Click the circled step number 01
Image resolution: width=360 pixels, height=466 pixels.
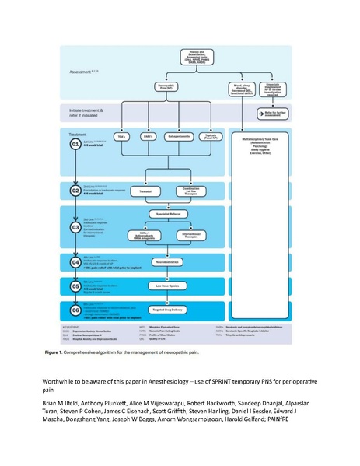[76, 144]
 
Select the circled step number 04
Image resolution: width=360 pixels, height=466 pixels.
[76, 263]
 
